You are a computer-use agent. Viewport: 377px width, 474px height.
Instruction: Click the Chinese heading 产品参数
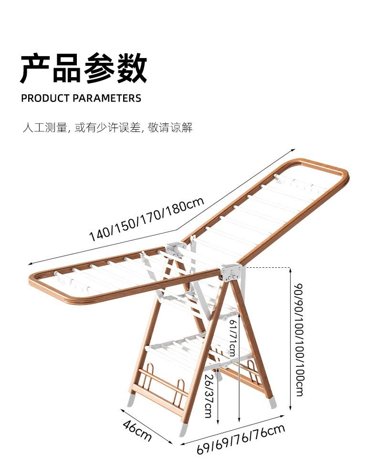click(84, 70)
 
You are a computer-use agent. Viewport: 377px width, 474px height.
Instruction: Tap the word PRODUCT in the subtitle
click(45, 99)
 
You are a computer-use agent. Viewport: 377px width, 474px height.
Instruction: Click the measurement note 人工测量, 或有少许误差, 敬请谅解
click(108, 128)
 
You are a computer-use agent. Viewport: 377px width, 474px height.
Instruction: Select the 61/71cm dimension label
click(232, 337)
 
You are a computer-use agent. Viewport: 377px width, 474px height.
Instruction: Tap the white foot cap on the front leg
click(184, 429)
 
